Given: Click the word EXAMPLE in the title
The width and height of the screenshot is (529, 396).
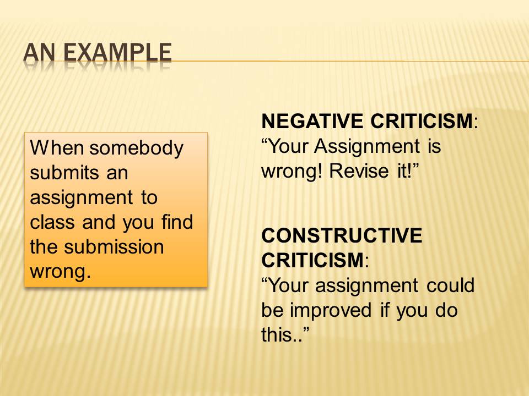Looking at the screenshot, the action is click(117, 53).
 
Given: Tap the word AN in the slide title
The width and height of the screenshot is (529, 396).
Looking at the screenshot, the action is click(39, 53).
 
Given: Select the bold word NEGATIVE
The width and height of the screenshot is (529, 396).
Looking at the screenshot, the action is click(312, 121).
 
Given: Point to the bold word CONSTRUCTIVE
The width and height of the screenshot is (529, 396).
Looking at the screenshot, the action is click(342, 235).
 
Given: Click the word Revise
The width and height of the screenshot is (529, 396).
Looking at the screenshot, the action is click(359, 170).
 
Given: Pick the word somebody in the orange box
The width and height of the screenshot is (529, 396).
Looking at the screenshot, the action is click(136, 148).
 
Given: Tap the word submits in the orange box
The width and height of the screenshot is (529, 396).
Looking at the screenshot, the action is click(64, 173).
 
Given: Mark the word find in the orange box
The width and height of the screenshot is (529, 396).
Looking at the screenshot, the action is click(177, 222).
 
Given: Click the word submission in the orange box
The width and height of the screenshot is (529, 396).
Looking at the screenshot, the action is click(114, 247).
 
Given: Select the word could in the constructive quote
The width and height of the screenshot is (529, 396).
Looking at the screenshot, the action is click(451, 285).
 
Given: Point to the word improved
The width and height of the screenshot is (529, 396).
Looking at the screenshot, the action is click(331, 311).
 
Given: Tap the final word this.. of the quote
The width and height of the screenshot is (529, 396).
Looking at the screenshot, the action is click(285, 334).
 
